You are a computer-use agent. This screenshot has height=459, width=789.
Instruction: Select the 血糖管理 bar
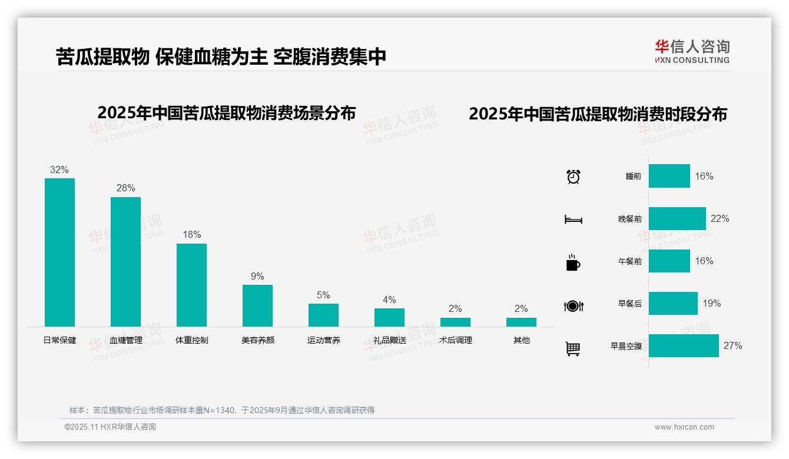click(125, 261)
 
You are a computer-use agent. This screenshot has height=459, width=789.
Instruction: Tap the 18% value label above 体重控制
click(191, 234)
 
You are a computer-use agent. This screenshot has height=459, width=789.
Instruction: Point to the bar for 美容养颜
click(257, 305)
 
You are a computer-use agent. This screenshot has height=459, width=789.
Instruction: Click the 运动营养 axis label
click(323, 340)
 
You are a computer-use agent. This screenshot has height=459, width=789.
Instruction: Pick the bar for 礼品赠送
click(389, 317)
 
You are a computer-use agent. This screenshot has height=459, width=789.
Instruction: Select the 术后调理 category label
click(455, 340)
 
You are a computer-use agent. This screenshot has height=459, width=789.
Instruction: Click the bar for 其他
click(521, 322)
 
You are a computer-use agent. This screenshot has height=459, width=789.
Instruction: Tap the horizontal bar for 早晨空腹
click(684, 345)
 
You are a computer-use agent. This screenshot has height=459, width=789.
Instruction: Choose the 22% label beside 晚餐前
click(720, 218)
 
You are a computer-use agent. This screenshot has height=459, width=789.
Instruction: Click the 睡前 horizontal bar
click(669, 176)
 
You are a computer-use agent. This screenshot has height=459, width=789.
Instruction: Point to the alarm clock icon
click(573, 176)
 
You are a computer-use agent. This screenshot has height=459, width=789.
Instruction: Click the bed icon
click(573, 219)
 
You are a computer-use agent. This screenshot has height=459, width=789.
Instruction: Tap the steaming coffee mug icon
click(573, 262)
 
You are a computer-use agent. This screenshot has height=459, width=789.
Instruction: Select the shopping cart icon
click(573, 348)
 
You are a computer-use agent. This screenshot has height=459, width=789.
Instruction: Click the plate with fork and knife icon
click(573, 305)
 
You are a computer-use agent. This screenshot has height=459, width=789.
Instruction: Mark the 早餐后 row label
click(629, 304)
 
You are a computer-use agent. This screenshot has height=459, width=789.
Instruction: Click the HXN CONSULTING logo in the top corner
click(692, 51)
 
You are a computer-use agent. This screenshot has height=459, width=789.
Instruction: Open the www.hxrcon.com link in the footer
click(684, 427)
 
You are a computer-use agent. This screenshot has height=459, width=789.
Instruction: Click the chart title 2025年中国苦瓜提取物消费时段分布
click(598, 114)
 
